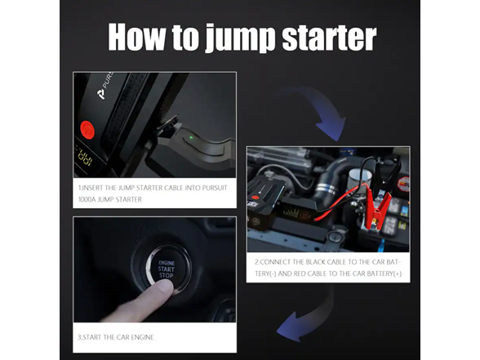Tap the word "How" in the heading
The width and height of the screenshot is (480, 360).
(140, 37)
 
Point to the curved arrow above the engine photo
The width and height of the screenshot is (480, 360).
(318, 114)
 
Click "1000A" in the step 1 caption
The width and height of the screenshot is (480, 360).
(88, 199)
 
